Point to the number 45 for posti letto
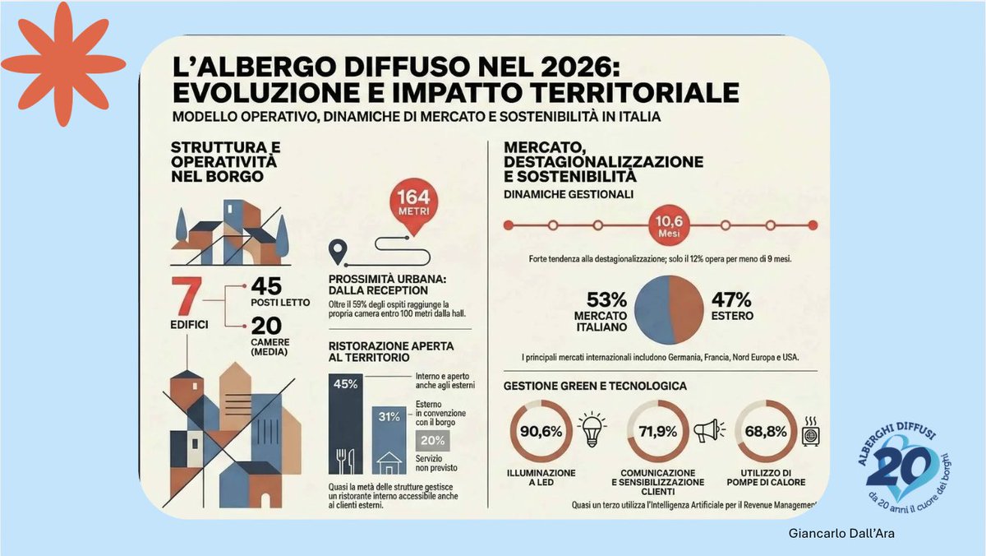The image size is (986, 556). [267, 286]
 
